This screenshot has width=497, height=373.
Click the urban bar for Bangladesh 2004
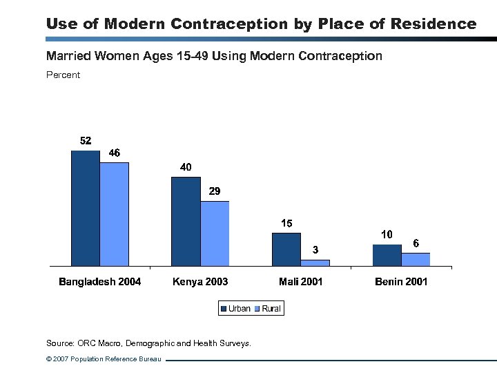tap(86, 208)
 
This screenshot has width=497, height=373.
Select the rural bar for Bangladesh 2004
tap(115, 214)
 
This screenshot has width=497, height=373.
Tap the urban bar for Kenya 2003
tap(186, 221)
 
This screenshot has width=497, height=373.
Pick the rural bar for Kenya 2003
tap(215, 233)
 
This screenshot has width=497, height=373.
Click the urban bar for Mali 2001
tap(286, 249)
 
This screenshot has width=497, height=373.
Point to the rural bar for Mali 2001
tap(315, 262)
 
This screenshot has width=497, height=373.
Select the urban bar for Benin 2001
tap(387, 255)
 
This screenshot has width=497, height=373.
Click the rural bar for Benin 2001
tap(416, 259)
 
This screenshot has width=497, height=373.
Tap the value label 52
tap(86, 140)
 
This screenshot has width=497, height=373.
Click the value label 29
tap(215, 191)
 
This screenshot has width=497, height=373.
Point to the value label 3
tap(315, 249)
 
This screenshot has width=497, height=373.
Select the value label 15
tap(286, 223)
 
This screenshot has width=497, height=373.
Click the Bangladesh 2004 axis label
tap(100, 282)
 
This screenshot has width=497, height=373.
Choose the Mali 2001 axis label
tap(301, 282)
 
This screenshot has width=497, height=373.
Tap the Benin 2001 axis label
tap(401, 282)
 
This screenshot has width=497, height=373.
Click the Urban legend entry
tap(235, 309)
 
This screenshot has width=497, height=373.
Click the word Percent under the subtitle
tap(63, 75)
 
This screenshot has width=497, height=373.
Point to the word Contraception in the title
tap(228, 24)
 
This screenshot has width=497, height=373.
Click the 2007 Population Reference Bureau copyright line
tap(103, 359)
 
